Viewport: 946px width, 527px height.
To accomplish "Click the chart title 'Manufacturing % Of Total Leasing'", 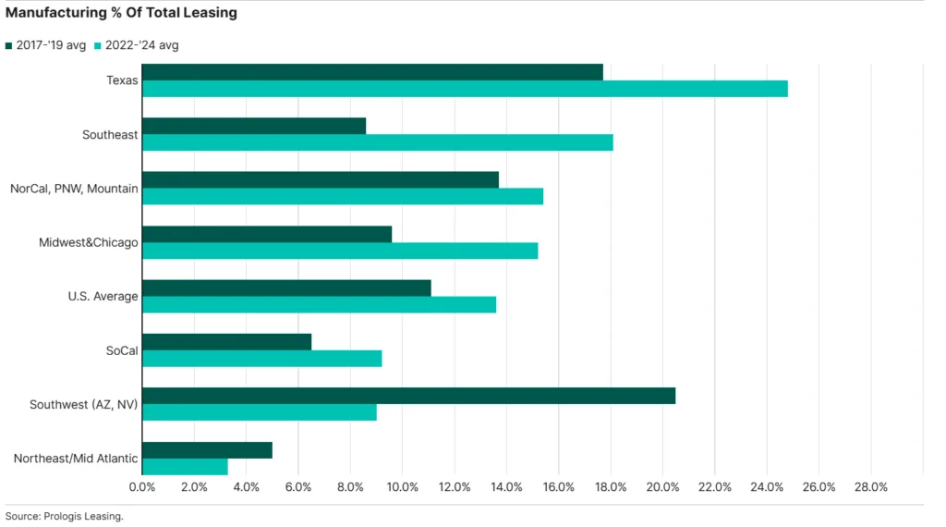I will coord(121,13).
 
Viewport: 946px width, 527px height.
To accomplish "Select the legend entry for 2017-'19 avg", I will coord(45,45).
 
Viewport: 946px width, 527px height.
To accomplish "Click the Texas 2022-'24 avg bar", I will coord(465,89).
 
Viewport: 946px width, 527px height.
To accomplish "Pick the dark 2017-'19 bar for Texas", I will coord(372,72).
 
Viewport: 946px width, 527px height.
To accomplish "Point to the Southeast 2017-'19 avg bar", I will coord(254,126).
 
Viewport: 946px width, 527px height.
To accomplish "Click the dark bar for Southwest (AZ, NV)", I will coord(408,396).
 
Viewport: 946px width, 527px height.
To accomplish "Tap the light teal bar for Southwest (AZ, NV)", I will coord(260,412).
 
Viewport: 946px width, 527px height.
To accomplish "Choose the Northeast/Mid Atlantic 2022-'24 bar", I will coord(185,467).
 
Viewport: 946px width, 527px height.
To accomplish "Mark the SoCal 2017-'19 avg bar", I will coord(226,342).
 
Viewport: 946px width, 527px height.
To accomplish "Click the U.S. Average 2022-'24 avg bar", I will coord(319,305).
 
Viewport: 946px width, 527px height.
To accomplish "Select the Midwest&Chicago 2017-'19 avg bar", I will coord(267,234).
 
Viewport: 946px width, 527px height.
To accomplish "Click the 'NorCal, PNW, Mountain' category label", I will coord(74,189).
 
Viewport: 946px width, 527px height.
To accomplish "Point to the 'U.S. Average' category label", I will coord(103,297).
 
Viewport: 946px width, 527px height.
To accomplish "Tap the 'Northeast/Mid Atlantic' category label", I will coord(76,459).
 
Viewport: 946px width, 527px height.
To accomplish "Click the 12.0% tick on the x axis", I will coord(455,487).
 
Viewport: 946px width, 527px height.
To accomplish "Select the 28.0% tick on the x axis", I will coord(871,487).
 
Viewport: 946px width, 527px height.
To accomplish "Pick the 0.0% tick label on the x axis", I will coord(142,487).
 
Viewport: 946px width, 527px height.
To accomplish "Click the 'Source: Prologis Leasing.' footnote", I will coord(64,516).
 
